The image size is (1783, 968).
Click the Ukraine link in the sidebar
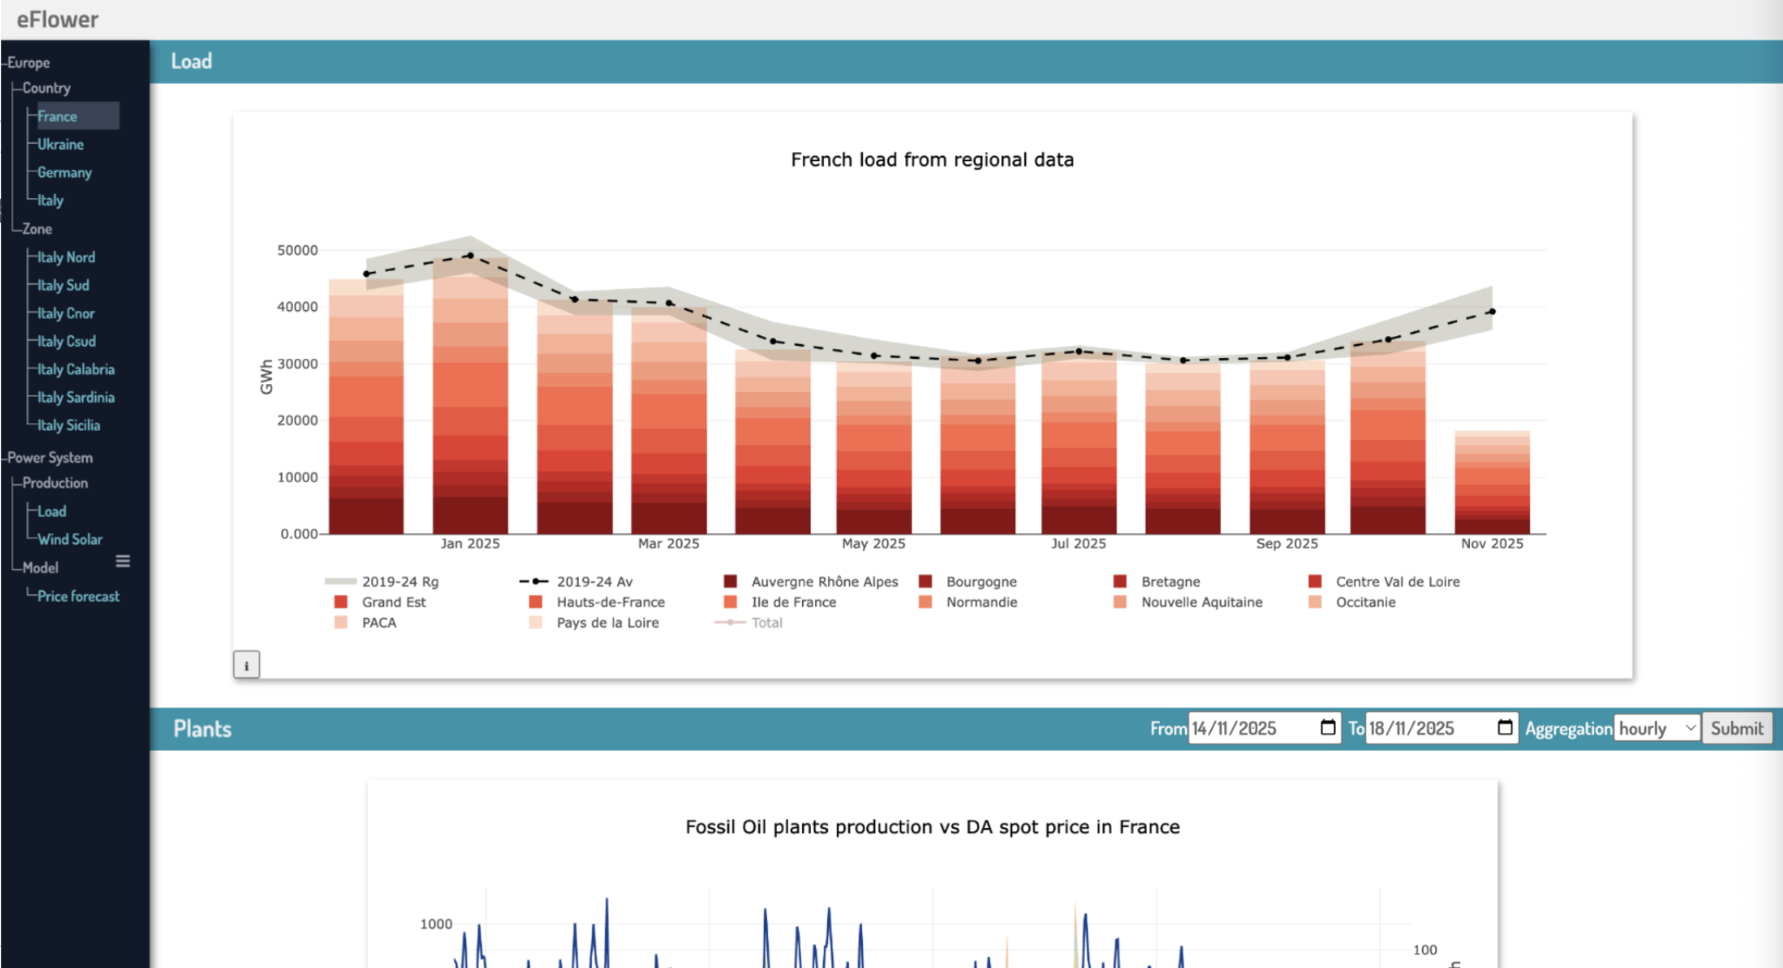coord(60,145)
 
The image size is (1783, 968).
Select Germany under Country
coord(64,172)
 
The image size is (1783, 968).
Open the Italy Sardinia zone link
coord(76,398)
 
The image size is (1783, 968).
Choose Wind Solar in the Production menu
coord(70,539)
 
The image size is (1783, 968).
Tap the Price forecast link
coord(78,596)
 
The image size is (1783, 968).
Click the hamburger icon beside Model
coord(123,561)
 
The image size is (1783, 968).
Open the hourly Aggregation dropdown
coord(1657,728)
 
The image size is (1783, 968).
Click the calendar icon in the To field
coord(1505,727)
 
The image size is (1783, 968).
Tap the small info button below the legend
coord(246,665)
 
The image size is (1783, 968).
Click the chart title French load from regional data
coord(932,159)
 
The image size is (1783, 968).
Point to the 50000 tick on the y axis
coord(297,251)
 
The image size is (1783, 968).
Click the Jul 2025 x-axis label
coord(1078,543)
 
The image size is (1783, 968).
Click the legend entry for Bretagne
coord(1170,582)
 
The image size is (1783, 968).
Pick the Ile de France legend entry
coord(793,602)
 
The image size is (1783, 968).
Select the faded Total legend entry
coord(766,622)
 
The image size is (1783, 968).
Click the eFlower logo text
coord(58,20)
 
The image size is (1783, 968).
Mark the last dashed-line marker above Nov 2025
coord(1492,312)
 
